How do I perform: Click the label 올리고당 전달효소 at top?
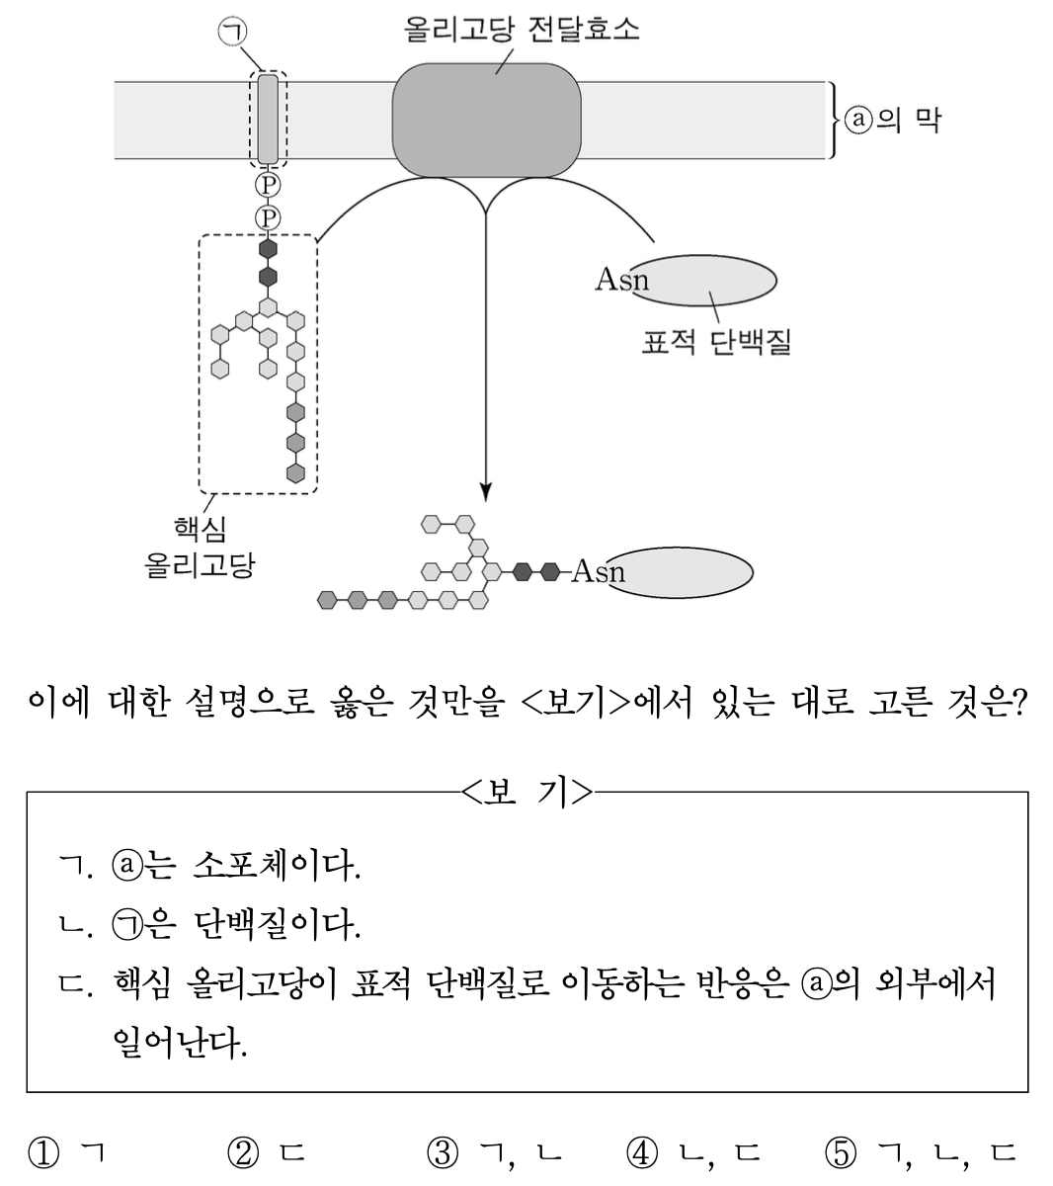(522, 28)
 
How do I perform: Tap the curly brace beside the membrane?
(837, 120)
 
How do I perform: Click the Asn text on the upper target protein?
(621, 280)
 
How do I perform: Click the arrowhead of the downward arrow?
(485, 489)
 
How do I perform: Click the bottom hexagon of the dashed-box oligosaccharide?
(295, 472)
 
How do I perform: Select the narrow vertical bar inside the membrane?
(268, 119)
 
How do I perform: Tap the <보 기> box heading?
(526, 792)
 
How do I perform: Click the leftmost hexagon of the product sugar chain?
(328, 599)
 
